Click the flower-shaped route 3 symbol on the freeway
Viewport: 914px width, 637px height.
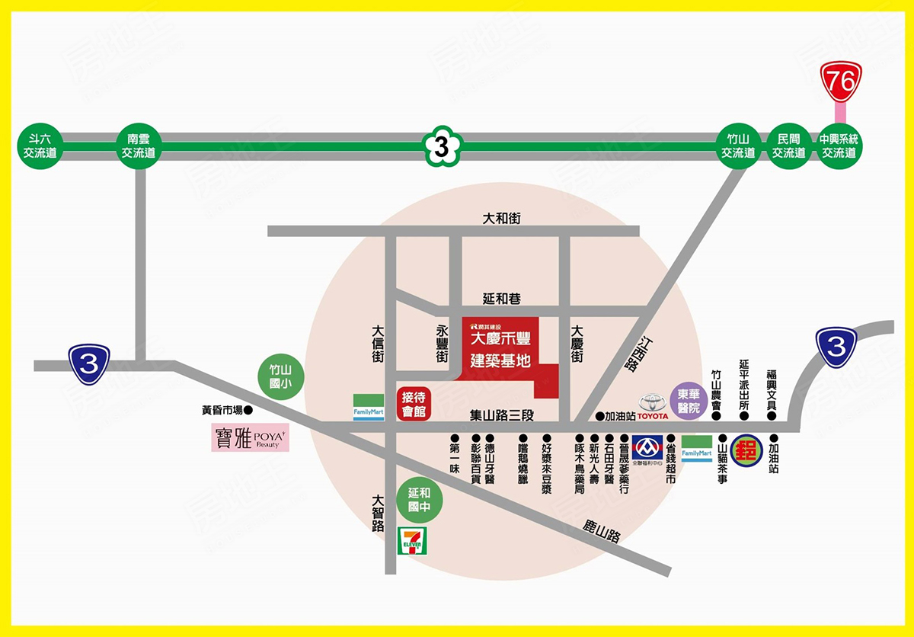pyautogui.click(x=442, y=146)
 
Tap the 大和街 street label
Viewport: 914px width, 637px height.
pyautogui.click(x=502, y=219)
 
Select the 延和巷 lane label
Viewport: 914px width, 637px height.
pyautogui.click(x=502, y=299)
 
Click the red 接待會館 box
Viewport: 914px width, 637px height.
pyautogui.click(x=414, y=404)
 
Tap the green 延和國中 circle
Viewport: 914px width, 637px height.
pyautogui.click(x=419, y=500)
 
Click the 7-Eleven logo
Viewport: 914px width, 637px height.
pyautogui.click(x=411, y=540)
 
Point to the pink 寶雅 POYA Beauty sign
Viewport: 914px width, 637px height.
pyautogui.click(x=250, y=437)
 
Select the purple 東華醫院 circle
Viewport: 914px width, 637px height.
pyautogui.click(x=689, y=401)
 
